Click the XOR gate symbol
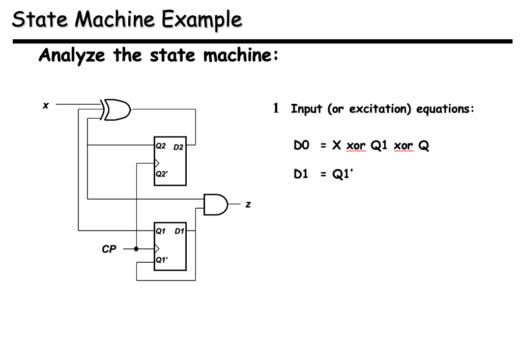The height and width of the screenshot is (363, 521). click(117, 109)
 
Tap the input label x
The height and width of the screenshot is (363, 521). click(46, 105)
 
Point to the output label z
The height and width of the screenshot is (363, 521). click(248, 205)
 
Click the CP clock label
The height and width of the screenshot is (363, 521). click(109, 249)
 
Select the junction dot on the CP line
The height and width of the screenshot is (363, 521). click(136, 249)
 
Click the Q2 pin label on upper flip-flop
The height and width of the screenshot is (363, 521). click(161, 146)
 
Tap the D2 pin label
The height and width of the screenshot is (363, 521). click(178, 147)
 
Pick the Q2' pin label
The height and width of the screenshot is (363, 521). click(162, 173)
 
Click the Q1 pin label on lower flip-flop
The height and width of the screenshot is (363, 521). click(161, 231)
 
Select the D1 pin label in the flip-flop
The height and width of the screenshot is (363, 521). click(179, 231)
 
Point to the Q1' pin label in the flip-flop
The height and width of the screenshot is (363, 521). click(162, 259)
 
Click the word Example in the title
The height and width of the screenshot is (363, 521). click(202, 20)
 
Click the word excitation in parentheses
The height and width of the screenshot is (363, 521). click(380, 109)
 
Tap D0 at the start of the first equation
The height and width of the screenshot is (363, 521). click(302, 146)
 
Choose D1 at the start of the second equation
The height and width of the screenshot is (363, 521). click(302, 174)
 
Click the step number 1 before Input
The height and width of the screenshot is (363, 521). click(276, 108)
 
